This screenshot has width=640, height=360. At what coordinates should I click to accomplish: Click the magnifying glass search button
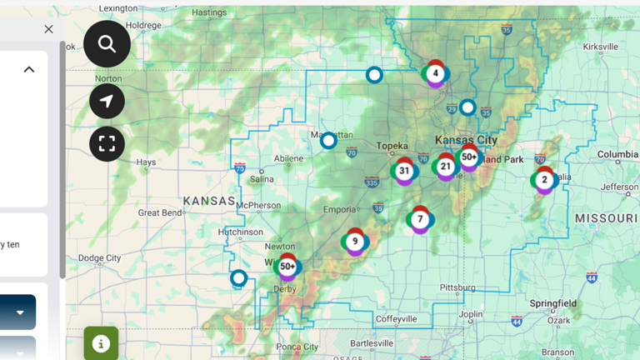pyautogui.click(x=107, y=44)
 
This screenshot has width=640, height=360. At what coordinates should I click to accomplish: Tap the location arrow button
pyautogui.click(x=107, y=102)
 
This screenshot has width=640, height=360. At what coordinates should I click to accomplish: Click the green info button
pyautogui.click(x=101, y=343)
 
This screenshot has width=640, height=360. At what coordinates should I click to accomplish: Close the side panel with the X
pyautogui.click(x=48, y=29)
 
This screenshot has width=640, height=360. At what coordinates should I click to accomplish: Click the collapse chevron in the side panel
pyautogui.click(x=29, y=69)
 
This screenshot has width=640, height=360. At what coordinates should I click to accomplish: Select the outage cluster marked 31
pyautogui.click(x=404, y=171)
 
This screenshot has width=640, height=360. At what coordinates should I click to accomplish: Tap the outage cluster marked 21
pyautogui.click(x=446, y=166)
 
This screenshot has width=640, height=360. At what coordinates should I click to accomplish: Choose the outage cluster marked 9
pyautogui.click(x=355, y=242)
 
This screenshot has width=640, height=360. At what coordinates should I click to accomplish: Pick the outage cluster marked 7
pyautogui.click(x=420, y=219)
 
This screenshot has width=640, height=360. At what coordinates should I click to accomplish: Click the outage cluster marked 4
pyautogui.click(x=435, y=73)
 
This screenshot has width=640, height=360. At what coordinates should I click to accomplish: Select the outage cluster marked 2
pyautogui.click(x=544, y=179)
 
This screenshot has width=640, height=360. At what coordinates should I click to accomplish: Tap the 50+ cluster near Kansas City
pyautogui.click(x=469, y=157)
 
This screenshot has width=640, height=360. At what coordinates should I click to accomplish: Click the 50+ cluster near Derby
pyautogui.click(x=287, y=266)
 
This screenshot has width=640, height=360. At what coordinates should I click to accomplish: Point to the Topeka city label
pyautogui.click(x=392, y=146)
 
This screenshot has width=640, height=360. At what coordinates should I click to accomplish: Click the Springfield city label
pyautogui.click(x=551, y=303)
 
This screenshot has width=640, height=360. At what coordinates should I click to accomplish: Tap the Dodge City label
pyautogui.click(x=99, y=258)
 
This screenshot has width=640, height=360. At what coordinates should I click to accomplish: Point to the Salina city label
pyautogui.click(x=261, y=178)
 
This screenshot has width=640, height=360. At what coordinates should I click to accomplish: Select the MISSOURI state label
pyautogui.click(x=607, y=218)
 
